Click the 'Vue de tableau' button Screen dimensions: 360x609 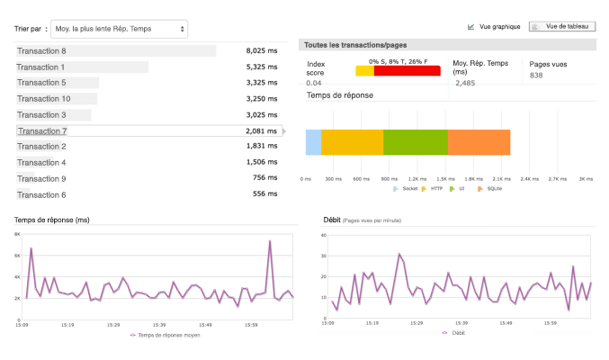561,27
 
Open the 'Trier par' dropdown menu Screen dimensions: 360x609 119,29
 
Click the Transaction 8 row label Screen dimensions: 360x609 41,51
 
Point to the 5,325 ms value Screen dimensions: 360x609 261,67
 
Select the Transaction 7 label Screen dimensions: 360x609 41,131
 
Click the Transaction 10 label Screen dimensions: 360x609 43,99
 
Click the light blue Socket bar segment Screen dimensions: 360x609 313,143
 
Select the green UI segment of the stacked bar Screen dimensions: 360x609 416,143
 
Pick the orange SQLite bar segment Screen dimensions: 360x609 479,143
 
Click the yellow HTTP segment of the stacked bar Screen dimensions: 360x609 352,143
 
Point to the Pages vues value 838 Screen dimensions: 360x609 536,76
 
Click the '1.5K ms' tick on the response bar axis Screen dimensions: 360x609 443,178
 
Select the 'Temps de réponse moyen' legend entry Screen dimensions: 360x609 168,335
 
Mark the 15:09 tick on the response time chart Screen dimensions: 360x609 26,325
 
